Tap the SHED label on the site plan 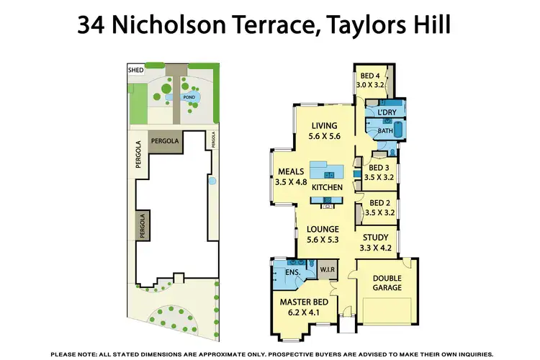(135, 71)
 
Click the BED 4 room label (370, 76)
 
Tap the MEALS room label (292, 171)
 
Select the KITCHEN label (326, 187)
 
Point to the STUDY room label (375, 238)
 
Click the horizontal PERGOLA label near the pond (165, 141)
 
